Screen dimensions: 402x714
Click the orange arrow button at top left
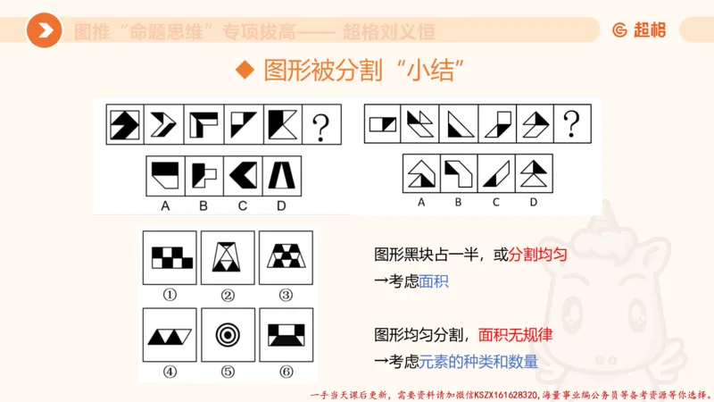pyautogui.click(x=44, y=31)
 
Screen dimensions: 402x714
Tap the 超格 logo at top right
pyautogui.click(x=639, y=30)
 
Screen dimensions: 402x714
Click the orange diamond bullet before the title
pyautogui.click(x=241, y=71)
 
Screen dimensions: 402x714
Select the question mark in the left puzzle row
pyautogui.click(x=322, y=126)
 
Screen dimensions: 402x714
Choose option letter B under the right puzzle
pyautogui.click(x=458, y=201)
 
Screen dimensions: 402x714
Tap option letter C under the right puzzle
pyautogui.click(x=495, y=201)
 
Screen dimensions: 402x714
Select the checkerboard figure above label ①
pyautogui.click(x=170, y=257)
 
